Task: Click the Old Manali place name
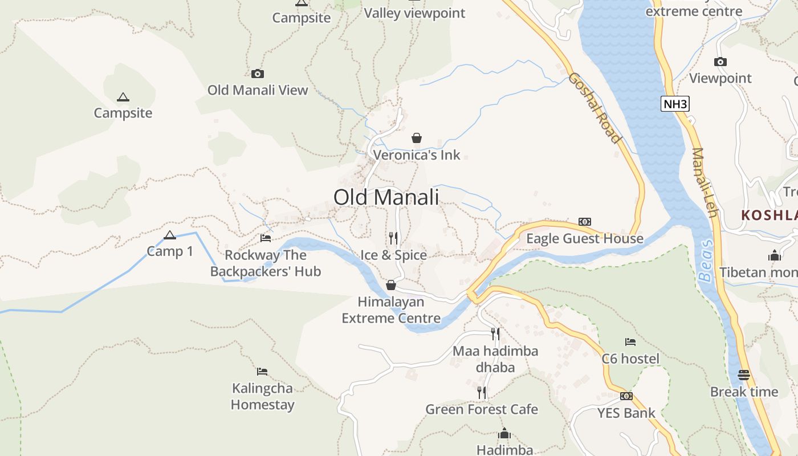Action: click(386, 197)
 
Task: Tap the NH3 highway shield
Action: click(675, 104)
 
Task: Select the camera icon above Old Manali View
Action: click(258, 74)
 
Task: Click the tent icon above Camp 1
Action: click(170, 235)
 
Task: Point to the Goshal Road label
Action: click(594, 108)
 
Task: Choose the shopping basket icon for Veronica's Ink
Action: click(417, 138)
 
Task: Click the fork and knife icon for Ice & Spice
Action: click(393, 238)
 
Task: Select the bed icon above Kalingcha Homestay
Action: click(262, 372)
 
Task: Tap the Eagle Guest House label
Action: click(584, 238)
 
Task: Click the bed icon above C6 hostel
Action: click(630, 342)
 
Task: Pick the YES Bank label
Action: click(626, 413)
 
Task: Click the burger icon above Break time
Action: click(744, 375)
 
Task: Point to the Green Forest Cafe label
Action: click(482, 409)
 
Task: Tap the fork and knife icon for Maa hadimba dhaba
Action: click(495, 334)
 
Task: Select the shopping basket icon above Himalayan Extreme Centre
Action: click(391, 285)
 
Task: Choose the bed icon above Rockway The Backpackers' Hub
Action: click(266, 238)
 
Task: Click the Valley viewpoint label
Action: click(414, 13)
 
